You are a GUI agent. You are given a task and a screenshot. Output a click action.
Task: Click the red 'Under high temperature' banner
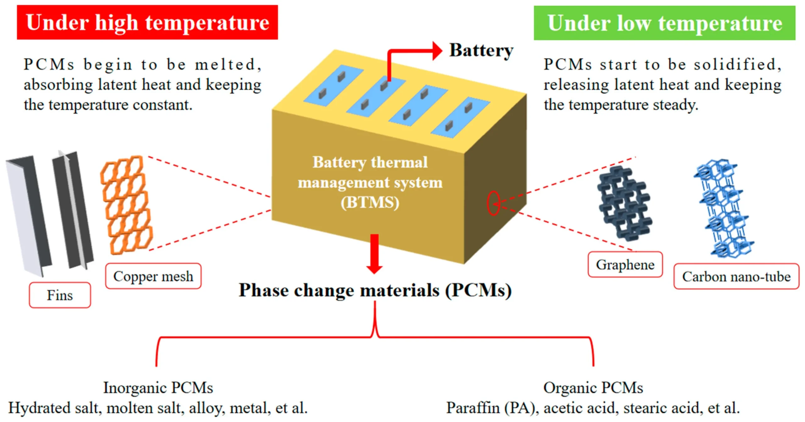[147, 22]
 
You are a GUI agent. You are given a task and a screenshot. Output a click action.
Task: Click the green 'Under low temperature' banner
[664, 23]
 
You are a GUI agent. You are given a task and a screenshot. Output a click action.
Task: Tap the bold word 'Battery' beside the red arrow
[481, 50]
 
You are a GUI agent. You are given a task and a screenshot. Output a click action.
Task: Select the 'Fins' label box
[60, 295]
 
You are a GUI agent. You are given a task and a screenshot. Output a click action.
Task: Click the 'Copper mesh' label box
[153, 276]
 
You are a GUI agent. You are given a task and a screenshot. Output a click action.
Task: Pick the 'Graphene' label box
[625, 265]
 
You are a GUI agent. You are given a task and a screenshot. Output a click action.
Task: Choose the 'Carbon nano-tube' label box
[736, 277]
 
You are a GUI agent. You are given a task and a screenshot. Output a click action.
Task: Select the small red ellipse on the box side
[493, 203]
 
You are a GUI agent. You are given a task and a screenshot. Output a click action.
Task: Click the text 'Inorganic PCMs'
[158, 387]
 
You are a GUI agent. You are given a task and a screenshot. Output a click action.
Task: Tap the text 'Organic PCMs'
[593, 387]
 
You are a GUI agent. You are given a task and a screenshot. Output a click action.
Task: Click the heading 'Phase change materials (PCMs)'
[375, 290]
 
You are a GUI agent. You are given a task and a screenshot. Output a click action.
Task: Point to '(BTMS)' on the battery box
[370, 203]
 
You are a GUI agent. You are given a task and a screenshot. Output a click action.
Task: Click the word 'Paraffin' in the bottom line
[473, 408]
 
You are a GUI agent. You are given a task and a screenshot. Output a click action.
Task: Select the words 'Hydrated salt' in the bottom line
[55, 408]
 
